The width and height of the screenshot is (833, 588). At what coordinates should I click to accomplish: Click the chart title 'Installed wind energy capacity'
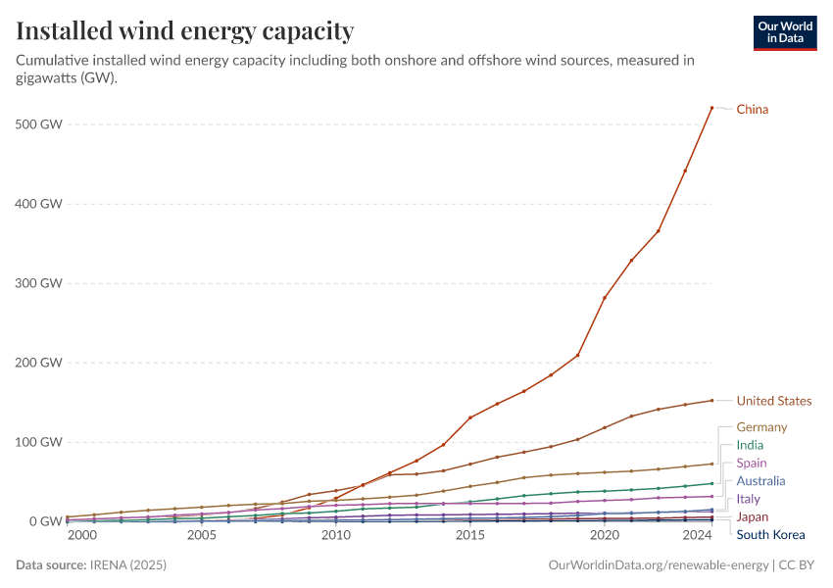[x=185, y=31]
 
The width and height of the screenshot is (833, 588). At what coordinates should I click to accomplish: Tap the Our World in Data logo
[x=784, y=32]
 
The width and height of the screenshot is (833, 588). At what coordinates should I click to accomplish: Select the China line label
[x=752, y=110]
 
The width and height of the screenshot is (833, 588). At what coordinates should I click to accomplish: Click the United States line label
[x=773, y=401]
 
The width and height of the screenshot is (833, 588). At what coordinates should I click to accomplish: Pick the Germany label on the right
[x=761, y=427]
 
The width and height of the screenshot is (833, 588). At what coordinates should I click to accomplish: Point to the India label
[x=750, y=445]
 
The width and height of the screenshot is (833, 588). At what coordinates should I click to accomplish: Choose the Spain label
[x=752, y=463]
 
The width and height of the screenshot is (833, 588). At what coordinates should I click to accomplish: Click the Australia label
[x=760, y=481]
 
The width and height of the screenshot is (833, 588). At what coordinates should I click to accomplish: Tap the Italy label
[x=748, y=499]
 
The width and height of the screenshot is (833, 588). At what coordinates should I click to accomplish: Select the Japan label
[x=752, y=516]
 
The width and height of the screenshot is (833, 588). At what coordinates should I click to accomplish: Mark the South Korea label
[x=770, y=535]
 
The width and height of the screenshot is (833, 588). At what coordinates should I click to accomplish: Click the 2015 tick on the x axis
[x=470, y=536]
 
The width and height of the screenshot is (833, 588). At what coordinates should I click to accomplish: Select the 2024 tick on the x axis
[x=697, y=536]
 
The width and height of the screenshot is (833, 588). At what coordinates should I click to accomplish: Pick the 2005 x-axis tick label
[x=202, y=536]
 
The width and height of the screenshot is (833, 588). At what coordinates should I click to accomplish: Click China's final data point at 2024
[x=711, y=107]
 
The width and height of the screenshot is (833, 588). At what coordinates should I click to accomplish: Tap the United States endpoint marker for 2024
[x=711, y=400]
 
